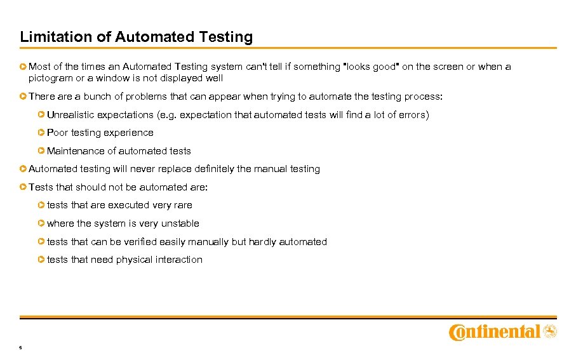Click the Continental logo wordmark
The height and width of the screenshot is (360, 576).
[x=495, y=332]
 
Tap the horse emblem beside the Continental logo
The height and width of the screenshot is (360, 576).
[x=550, y=331]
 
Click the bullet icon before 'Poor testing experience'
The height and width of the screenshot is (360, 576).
[x=41, y=133]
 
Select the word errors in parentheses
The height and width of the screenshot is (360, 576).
[x=412, y=115]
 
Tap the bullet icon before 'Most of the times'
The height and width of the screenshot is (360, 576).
[x=23, y=66]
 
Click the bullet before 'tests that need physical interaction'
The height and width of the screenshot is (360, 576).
[x=41, y=260]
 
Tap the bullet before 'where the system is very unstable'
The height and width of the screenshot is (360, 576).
[x=41, y=223]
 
